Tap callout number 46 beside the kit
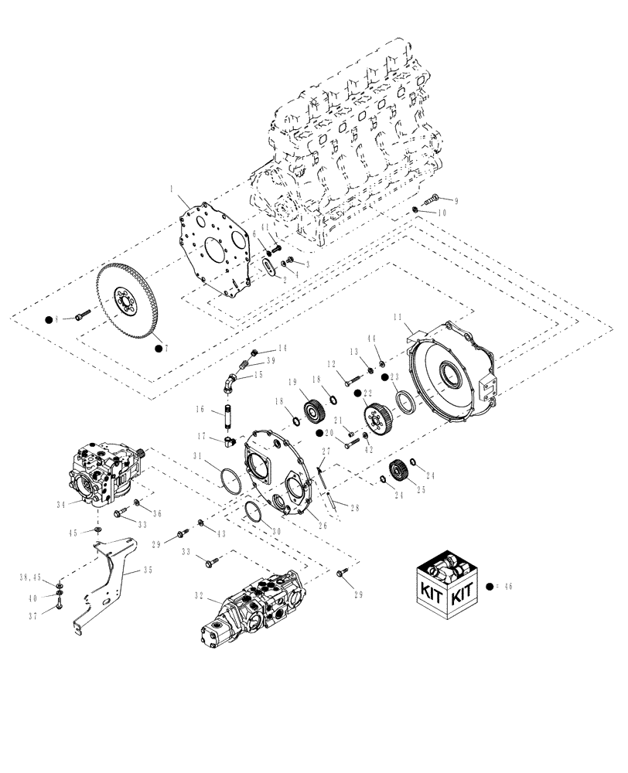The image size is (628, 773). [508, 587]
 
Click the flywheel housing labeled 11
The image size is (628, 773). [452, 379]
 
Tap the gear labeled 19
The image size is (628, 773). [314, 409]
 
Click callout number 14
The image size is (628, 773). [283, 349]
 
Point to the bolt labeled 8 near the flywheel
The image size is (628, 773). [83, 315]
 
